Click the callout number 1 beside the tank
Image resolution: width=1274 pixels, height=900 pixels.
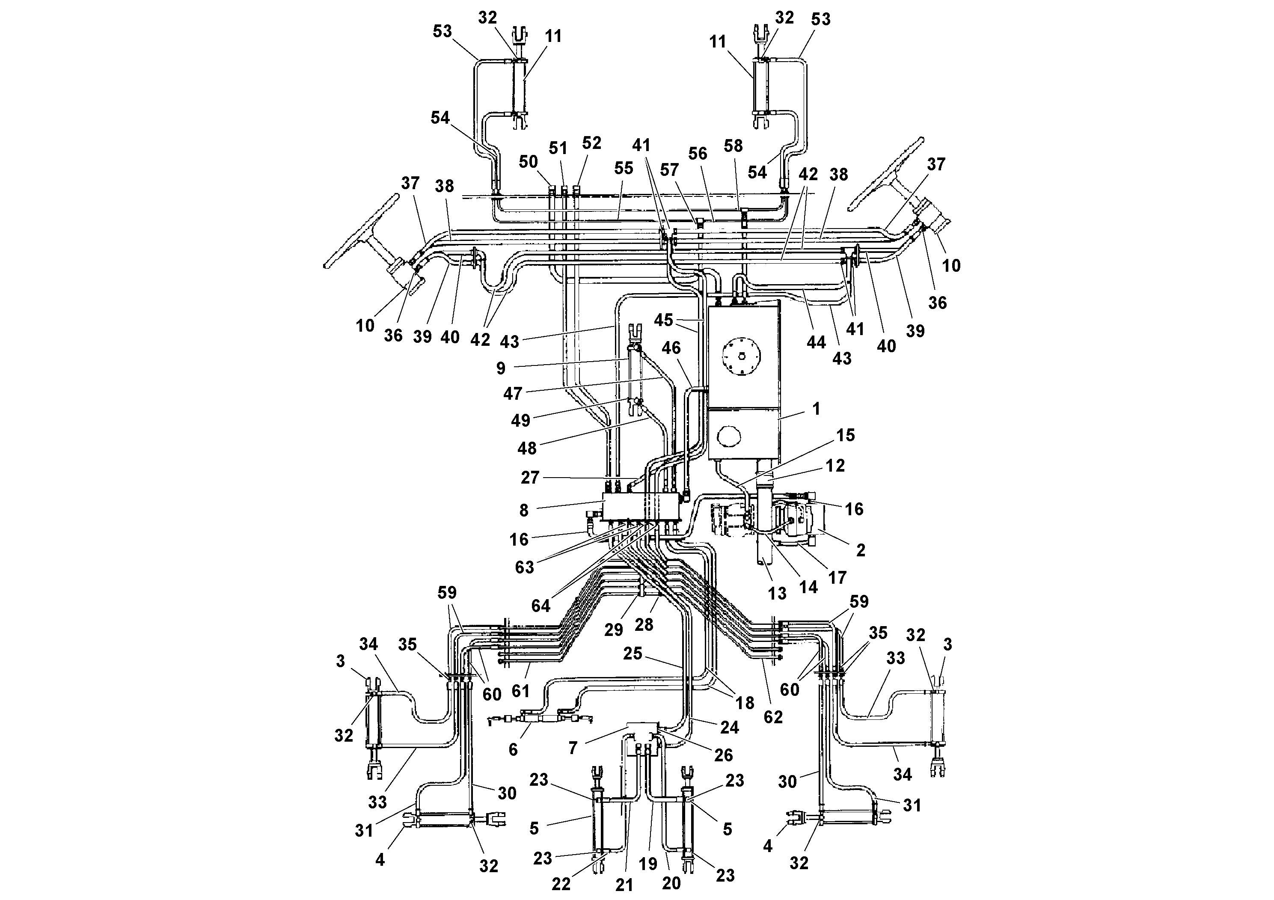click(816, 410)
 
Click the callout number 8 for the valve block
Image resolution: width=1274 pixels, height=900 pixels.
click(524, 511)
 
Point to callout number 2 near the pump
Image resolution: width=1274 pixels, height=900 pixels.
click(861, 550)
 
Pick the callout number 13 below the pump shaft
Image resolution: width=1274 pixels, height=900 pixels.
click(777, 593)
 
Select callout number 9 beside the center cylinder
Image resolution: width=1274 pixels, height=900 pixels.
click(501, 368)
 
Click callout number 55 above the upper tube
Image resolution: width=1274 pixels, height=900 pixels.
click(624, 169)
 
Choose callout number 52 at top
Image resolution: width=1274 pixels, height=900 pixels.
click(591, 143)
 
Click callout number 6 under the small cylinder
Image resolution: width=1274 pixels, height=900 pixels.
click(513, 750)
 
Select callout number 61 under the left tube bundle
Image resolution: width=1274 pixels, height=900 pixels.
click(520, 691)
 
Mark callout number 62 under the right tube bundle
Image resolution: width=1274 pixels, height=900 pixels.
click(773, 717)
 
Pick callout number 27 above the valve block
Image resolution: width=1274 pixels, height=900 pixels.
click(530, 477)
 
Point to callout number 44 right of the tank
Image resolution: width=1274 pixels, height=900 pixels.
click(816, 342)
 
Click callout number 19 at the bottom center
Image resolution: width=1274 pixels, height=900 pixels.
click(647, 864)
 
